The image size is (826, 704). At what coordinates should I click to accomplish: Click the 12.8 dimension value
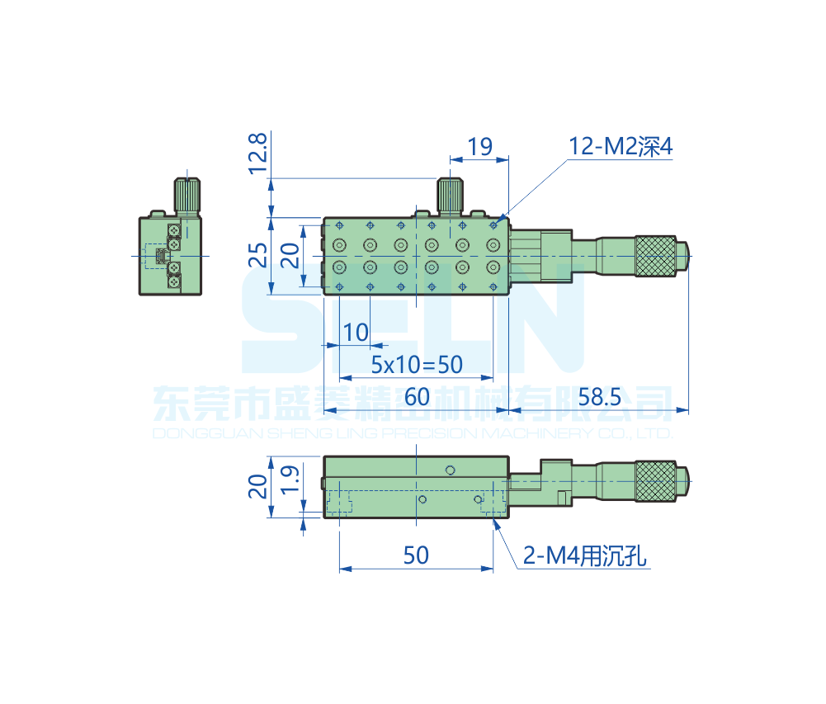click(x=257, y=154)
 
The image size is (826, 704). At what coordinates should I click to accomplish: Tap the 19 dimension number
click(x=480, y=146)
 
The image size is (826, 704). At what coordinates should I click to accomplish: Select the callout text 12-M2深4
click(x=621, y=146)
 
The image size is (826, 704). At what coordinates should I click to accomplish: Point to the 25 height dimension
click(x=257, y=255)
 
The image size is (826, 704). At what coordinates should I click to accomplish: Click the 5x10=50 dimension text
click(x=417, y=365)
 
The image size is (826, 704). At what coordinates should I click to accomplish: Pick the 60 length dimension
click(x=417, y=397)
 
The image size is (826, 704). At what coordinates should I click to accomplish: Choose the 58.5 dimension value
click(x=599, y=397)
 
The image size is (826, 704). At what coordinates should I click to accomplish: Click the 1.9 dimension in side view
click(x=290, y=479)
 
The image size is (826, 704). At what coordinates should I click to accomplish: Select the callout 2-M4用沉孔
click(x=584, y=555)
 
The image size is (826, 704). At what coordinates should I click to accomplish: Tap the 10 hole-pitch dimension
click(x=356, y=333)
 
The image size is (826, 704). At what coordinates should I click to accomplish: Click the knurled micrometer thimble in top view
click(x=655, y=256)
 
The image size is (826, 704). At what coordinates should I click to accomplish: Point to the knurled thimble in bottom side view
click(x=655, y=481)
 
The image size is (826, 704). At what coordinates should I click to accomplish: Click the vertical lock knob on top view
click(x=450, y=196)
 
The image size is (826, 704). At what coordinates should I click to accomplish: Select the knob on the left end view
click(x=187, y=196)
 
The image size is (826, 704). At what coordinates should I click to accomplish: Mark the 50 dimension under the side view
click(x=416, y=555)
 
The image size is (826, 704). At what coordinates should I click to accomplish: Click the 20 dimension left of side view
click(x=257, y=486)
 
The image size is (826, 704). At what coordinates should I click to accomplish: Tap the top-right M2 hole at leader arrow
click(x=493, y=225)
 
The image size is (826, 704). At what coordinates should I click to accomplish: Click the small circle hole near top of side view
click(x=450, y=470)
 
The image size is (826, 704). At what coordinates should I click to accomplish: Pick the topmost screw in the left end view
click(x=174, y=230)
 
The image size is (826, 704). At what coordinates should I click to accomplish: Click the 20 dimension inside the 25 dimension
click(x=290, y=255)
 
